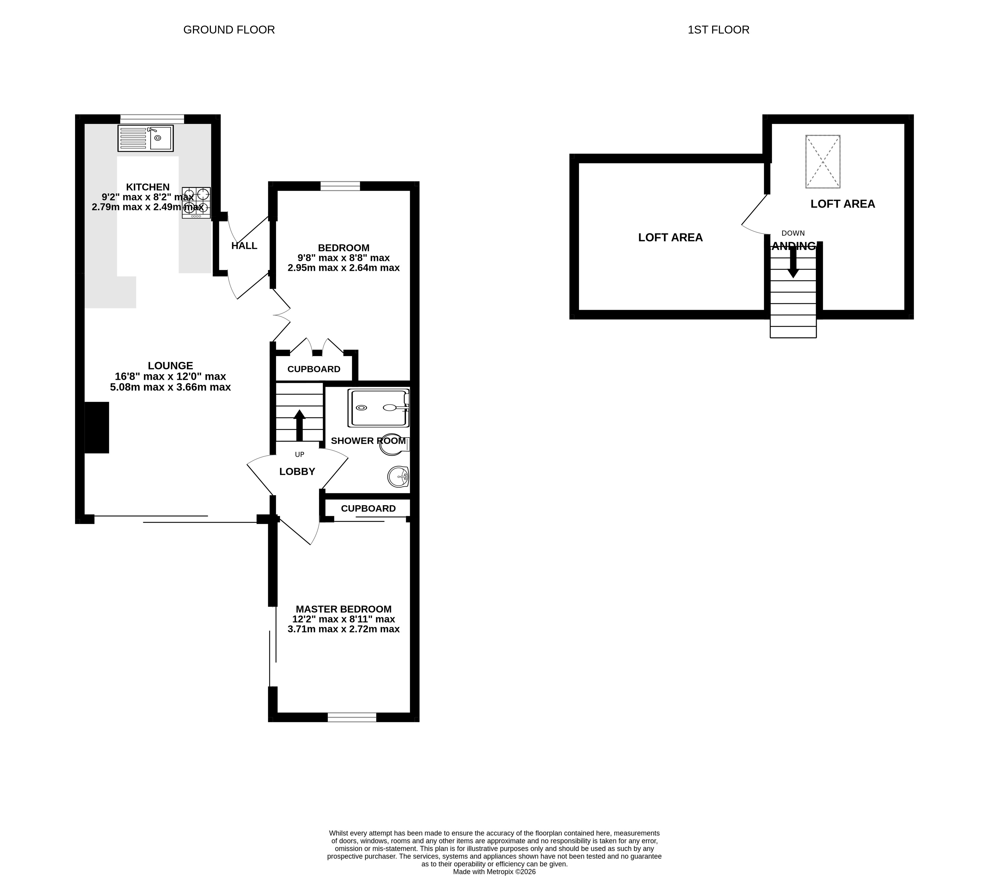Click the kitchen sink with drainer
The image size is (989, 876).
coord(145,138)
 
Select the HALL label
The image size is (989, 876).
coord(244,246)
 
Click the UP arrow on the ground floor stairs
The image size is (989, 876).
coord(299,425)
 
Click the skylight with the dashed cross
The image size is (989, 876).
coord(823,161)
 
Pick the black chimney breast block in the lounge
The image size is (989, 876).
coord(97,427)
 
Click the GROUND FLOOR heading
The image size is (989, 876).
coord(229,30)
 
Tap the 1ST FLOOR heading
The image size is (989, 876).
coord(719,30)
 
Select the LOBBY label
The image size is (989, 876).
coord(297,471)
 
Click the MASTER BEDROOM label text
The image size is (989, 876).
coord(343,609)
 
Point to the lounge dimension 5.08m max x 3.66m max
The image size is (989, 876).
coord(170,387)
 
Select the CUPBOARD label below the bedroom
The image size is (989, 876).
coord(314,369)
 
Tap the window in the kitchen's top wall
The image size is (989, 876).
coord(152,119)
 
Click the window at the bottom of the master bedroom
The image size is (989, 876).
coord(352,717)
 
